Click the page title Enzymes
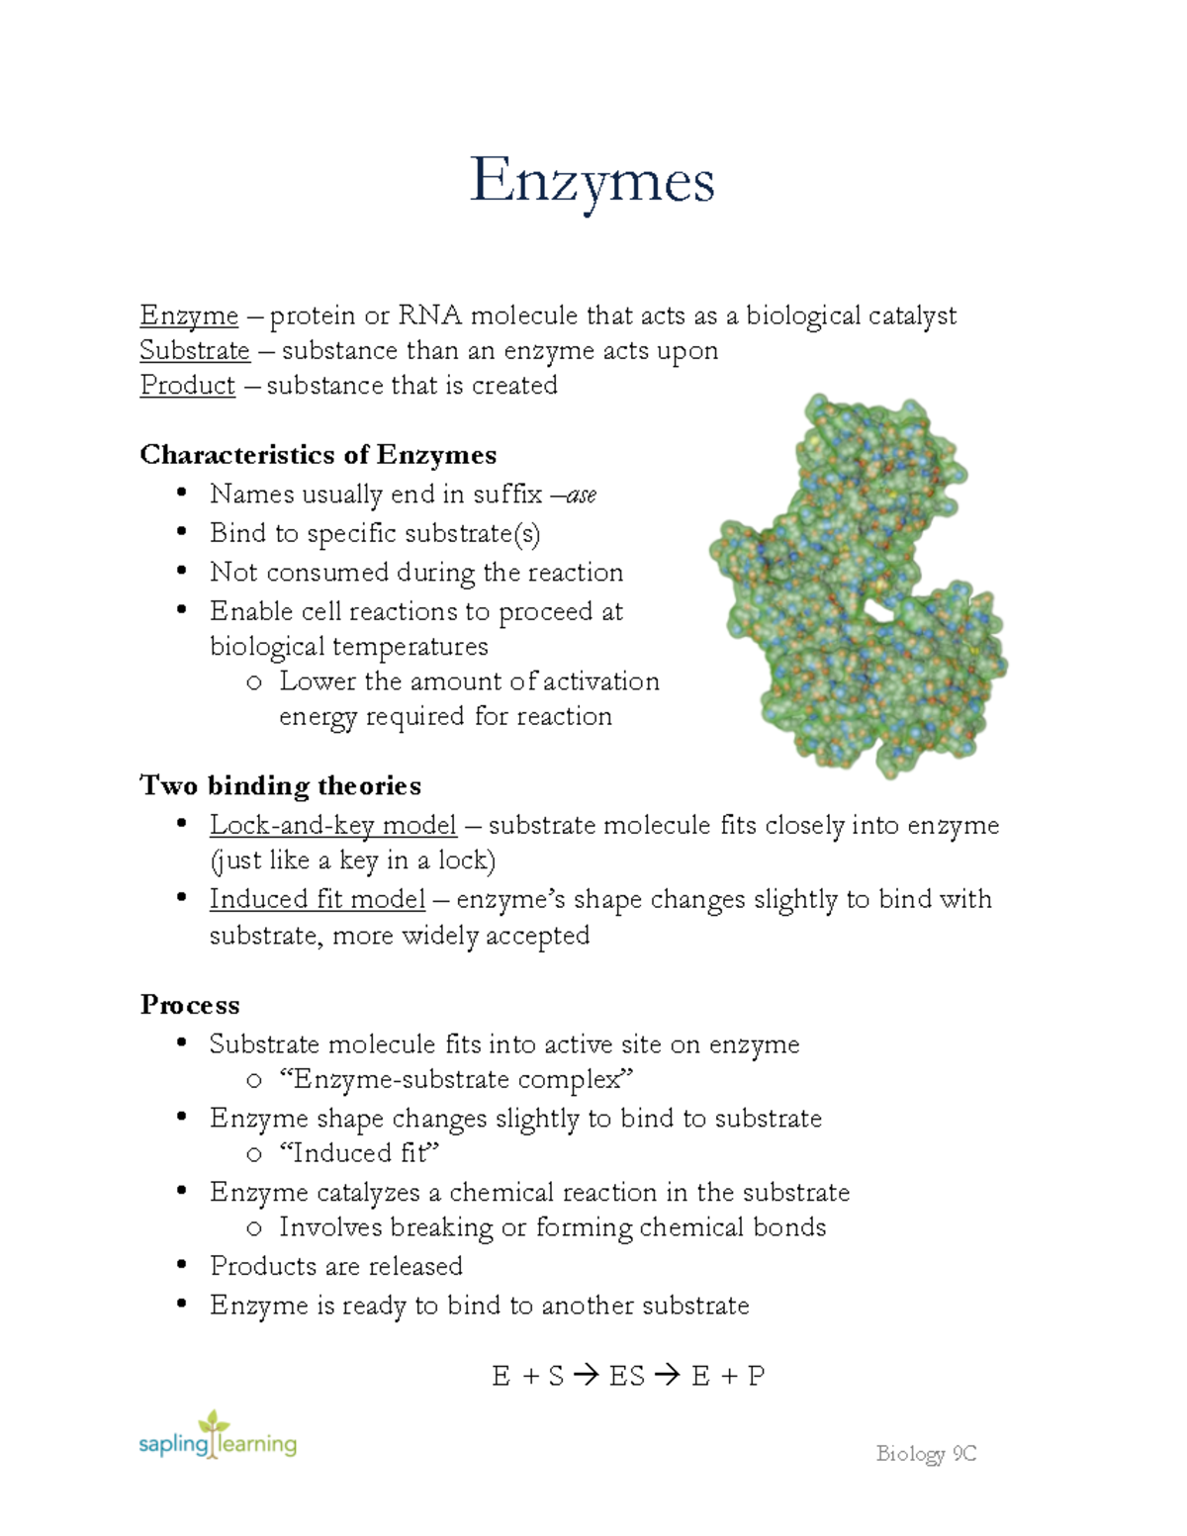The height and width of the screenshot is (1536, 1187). (592, 181)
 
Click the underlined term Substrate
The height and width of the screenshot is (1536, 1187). (195, 350)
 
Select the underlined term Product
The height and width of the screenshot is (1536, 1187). (188, 385)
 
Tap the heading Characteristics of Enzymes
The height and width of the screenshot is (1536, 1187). (318, 454)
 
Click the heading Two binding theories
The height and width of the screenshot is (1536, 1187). (280, 785)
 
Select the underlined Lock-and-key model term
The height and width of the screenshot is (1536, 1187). (332, 825)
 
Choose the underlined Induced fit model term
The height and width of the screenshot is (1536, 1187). (317, 899)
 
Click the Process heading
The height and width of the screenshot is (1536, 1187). (190, 1005)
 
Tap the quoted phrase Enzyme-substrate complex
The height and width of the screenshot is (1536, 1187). (456, 1079)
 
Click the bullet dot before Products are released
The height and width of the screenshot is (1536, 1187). (181, 1265)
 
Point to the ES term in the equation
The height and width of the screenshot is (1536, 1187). (627, 1376)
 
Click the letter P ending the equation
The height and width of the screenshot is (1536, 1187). (757, 1376)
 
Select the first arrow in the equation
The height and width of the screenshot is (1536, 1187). (586, 1376)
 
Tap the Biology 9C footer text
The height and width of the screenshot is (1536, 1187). (926, 1453)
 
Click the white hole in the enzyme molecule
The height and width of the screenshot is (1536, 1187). (876, 610)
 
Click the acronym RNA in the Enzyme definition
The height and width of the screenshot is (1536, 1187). (429, 316)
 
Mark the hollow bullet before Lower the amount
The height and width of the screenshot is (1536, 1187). (254, 681)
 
